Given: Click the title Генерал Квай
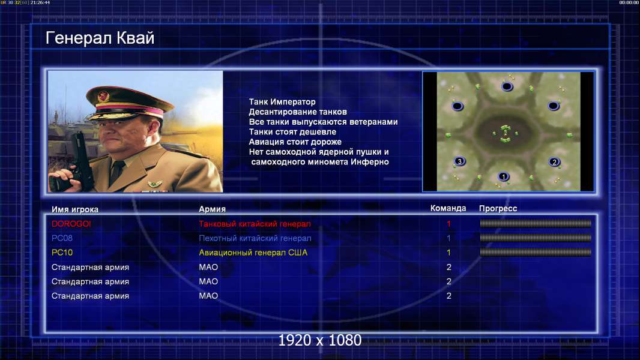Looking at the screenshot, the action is pos(100,38).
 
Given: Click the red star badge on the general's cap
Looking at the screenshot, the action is pos(104,96).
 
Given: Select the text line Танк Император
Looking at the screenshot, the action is pos(282,102).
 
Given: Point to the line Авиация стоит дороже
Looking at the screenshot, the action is pos(295,142).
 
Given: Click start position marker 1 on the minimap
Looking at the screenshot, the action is pos(504,176).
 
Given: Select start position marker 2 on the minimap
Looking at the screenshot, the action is pos(554,162).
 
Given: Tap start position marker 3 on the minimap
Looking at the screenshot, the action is pos(460,161).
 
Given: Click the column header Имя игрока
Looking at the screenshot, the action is pos(74,209).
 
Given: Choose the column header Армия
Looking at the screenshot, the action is pos(213,209).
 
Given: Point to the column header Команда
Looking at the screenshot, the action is pos(448,208).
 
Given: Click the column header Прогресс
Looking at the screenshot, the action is pos(498,209).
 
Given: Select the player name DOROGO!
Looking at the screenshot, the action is pos(71,224).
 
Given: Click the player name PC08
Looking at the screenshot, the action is pos(62,238).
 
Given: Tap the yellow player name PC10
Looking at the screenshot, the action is pos(62,253).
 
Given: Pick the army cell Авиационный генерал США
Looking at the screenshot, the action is pos(253,253).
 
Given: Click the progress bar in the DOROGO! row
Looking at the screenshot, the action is pos(536,223).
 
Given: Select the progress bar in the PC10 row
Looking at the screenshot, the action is pos(536,253).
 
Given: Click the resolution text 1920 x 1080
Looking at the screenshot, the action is pos(320,340).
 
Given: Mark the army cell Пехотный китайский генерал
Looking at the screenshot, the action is pos(255,238).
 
